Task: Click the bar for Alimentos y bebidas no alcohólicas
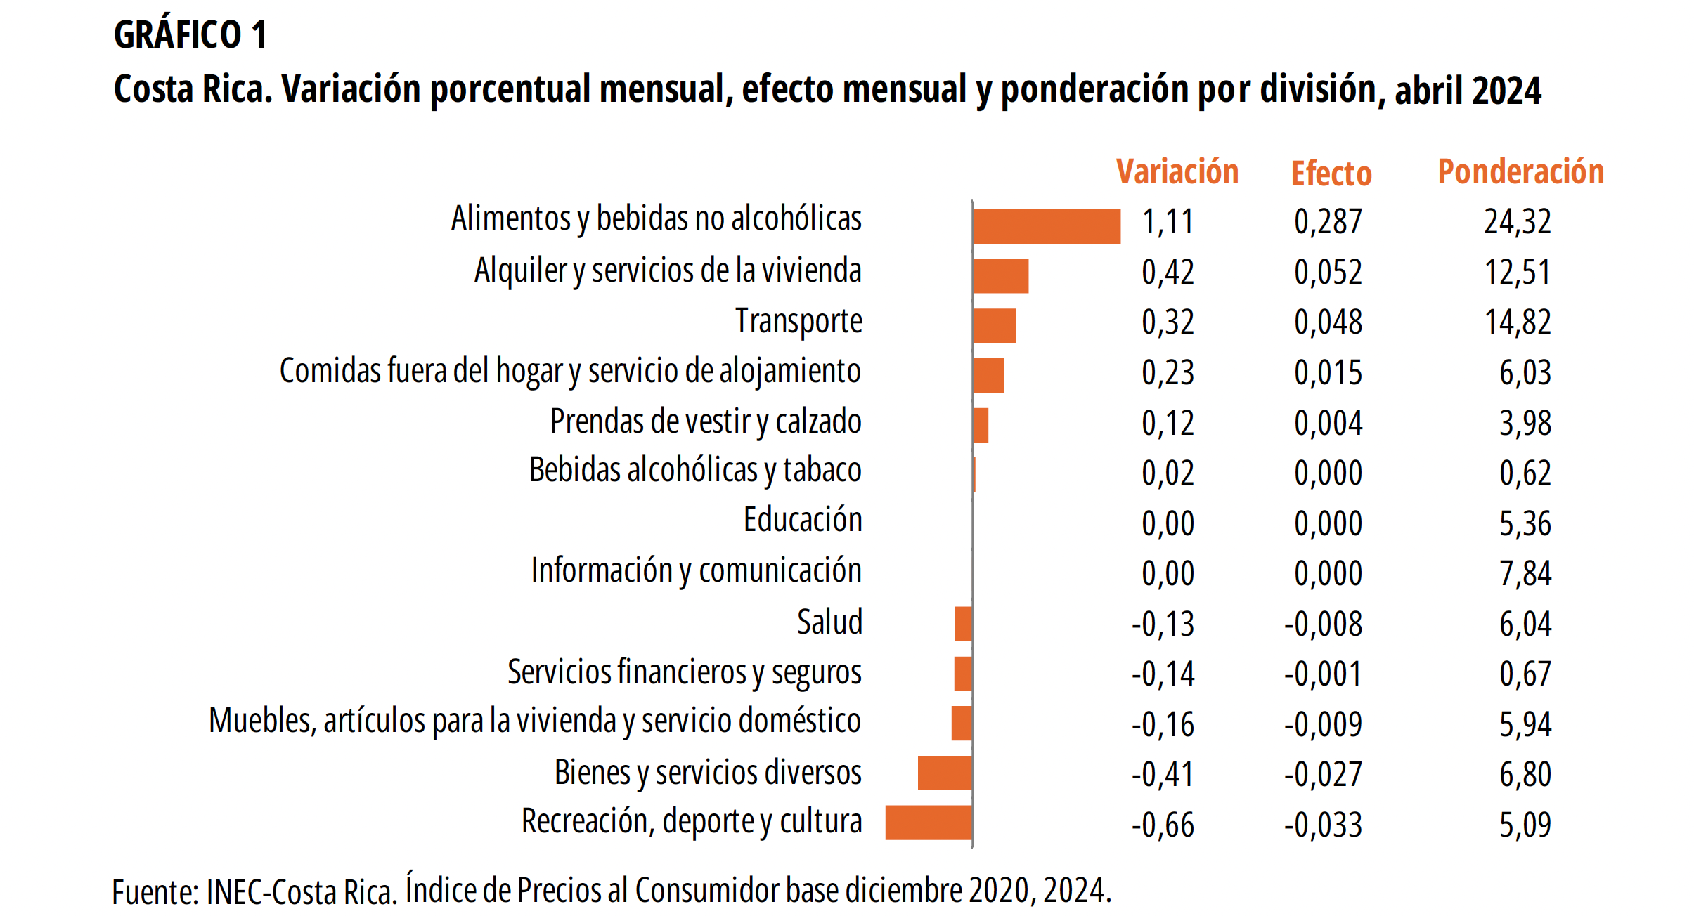click(1046, 226)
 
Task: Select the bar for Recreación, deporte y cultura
click(929, 822)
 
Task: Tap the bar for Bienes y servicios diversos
click(945, 772)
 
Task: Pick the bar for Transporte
click(994, 326)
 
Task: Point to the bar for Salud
click(963, 624)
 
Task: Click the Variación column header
click(1177, 173)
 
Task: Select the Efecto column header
click(1331, 174)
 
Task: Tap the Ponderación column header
click(1520, 173)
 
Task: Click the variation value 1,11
click(1168, 223)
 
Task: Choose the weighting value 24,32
click(1517, 223)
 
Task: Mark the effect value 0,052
click(1328, 273)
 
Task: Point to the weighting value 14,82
click(1517, 322)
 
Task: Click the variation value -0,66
click(1163, 825)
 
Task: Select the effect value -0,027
click(1323, 775)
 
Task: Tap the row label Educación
click(802, 521)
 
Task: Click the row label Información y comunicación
click(696, 571)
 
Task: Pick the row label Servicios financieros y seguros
click(684, 673)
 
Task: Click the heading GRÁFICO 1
click(190, 35)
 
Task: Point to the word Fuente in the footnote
click(153, 893)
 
